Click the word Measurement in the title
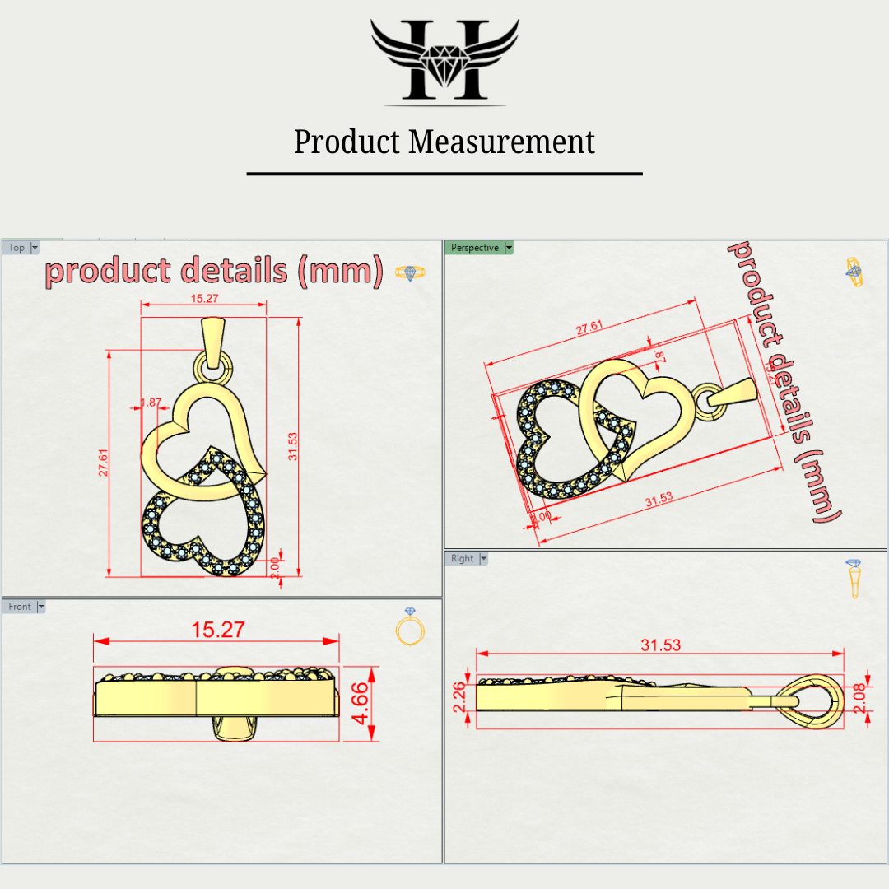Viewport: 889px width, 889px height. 502,142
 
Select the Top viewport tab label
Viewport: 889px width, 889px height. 16,248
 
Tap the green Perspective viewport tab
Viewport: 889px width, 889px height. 475,248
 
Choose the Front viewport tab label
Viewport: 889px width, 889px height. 20,607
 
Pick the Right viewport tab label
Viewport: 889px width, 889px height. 463,558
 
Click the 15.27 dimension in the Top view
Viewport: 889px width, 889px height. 204,298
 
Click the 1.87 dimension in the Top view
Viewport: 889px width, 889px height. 151,403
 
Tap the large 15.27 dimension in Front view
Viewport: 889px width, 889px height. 218,630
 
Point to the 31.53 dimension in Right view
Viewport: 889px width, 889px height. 661,645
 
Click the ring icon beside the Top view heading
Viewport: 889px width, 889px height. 410,272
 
